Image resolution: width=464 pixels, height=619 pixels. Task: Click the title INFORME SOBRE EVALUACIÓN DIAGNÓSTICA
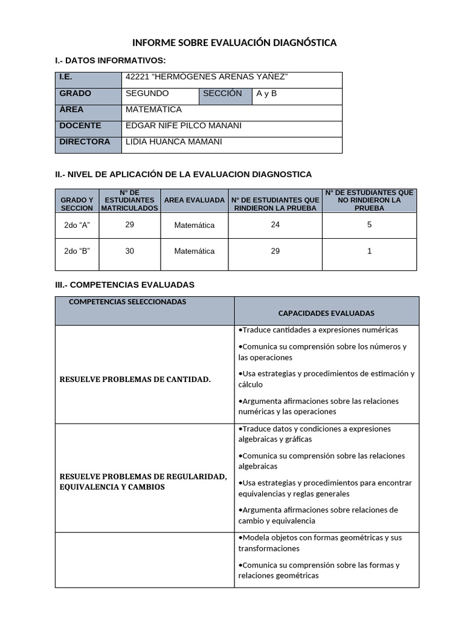(x=234, y=43)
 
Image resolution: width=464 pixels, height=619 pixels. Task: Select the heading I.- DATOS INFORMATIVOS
(x=110, y=60)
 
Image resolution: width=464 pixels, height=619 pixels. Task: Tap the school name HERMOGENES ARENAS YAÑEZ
(x=207, y=77)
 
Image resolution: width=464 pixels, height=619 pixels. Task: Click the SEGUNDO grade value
(x=147, y=94)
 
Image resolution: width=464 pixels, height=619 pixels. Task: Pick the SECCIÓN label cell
(x=222, y=94)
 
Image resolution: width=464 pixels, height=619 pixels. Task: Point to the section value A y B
(x=266, y=94)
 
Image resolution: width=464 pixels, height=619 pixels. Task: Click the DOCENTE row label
(x=80, y=126)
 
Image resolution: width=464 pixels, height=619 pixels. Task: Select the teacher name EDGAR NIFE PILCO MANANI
(x=184, y=126)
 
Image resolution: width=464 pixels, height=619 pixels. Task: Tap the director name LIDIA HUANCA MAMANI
(x=174, y=142)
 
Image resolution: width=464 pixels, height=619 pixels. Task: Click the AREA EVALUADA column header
(x=194, y=200)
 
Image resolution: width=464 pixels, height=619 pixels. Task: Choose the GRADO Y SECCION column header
(x=77, y=204)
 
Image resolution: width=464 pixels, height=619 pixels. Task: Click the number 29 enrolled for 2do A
(x=129, y=224)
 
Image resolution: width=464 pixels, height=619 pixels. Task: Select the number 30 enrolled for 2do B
(x=129, y=251)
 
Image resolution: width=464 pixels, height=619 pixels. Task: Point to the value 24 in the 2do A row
(x=275, y=224)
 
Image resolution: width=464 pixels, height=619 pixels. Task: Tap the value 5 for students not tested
(x=369, y=224)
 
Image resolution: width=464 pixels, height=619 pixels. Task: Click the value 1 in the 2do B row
(x=369, y=251)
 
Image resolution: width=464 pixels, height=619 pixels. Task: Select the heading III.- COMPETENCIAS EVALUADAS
(x=124, y=284)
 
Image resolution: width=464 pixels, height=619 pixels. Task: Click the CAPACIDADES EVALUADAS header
(x=326, y=313)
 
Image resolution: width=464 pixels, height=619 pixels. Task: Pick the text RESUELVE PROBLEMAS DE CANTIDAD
(x=135, y=380)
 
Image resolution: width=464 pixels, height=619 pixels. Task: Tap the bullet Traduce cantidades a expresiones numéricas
(x=318, y=330)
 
